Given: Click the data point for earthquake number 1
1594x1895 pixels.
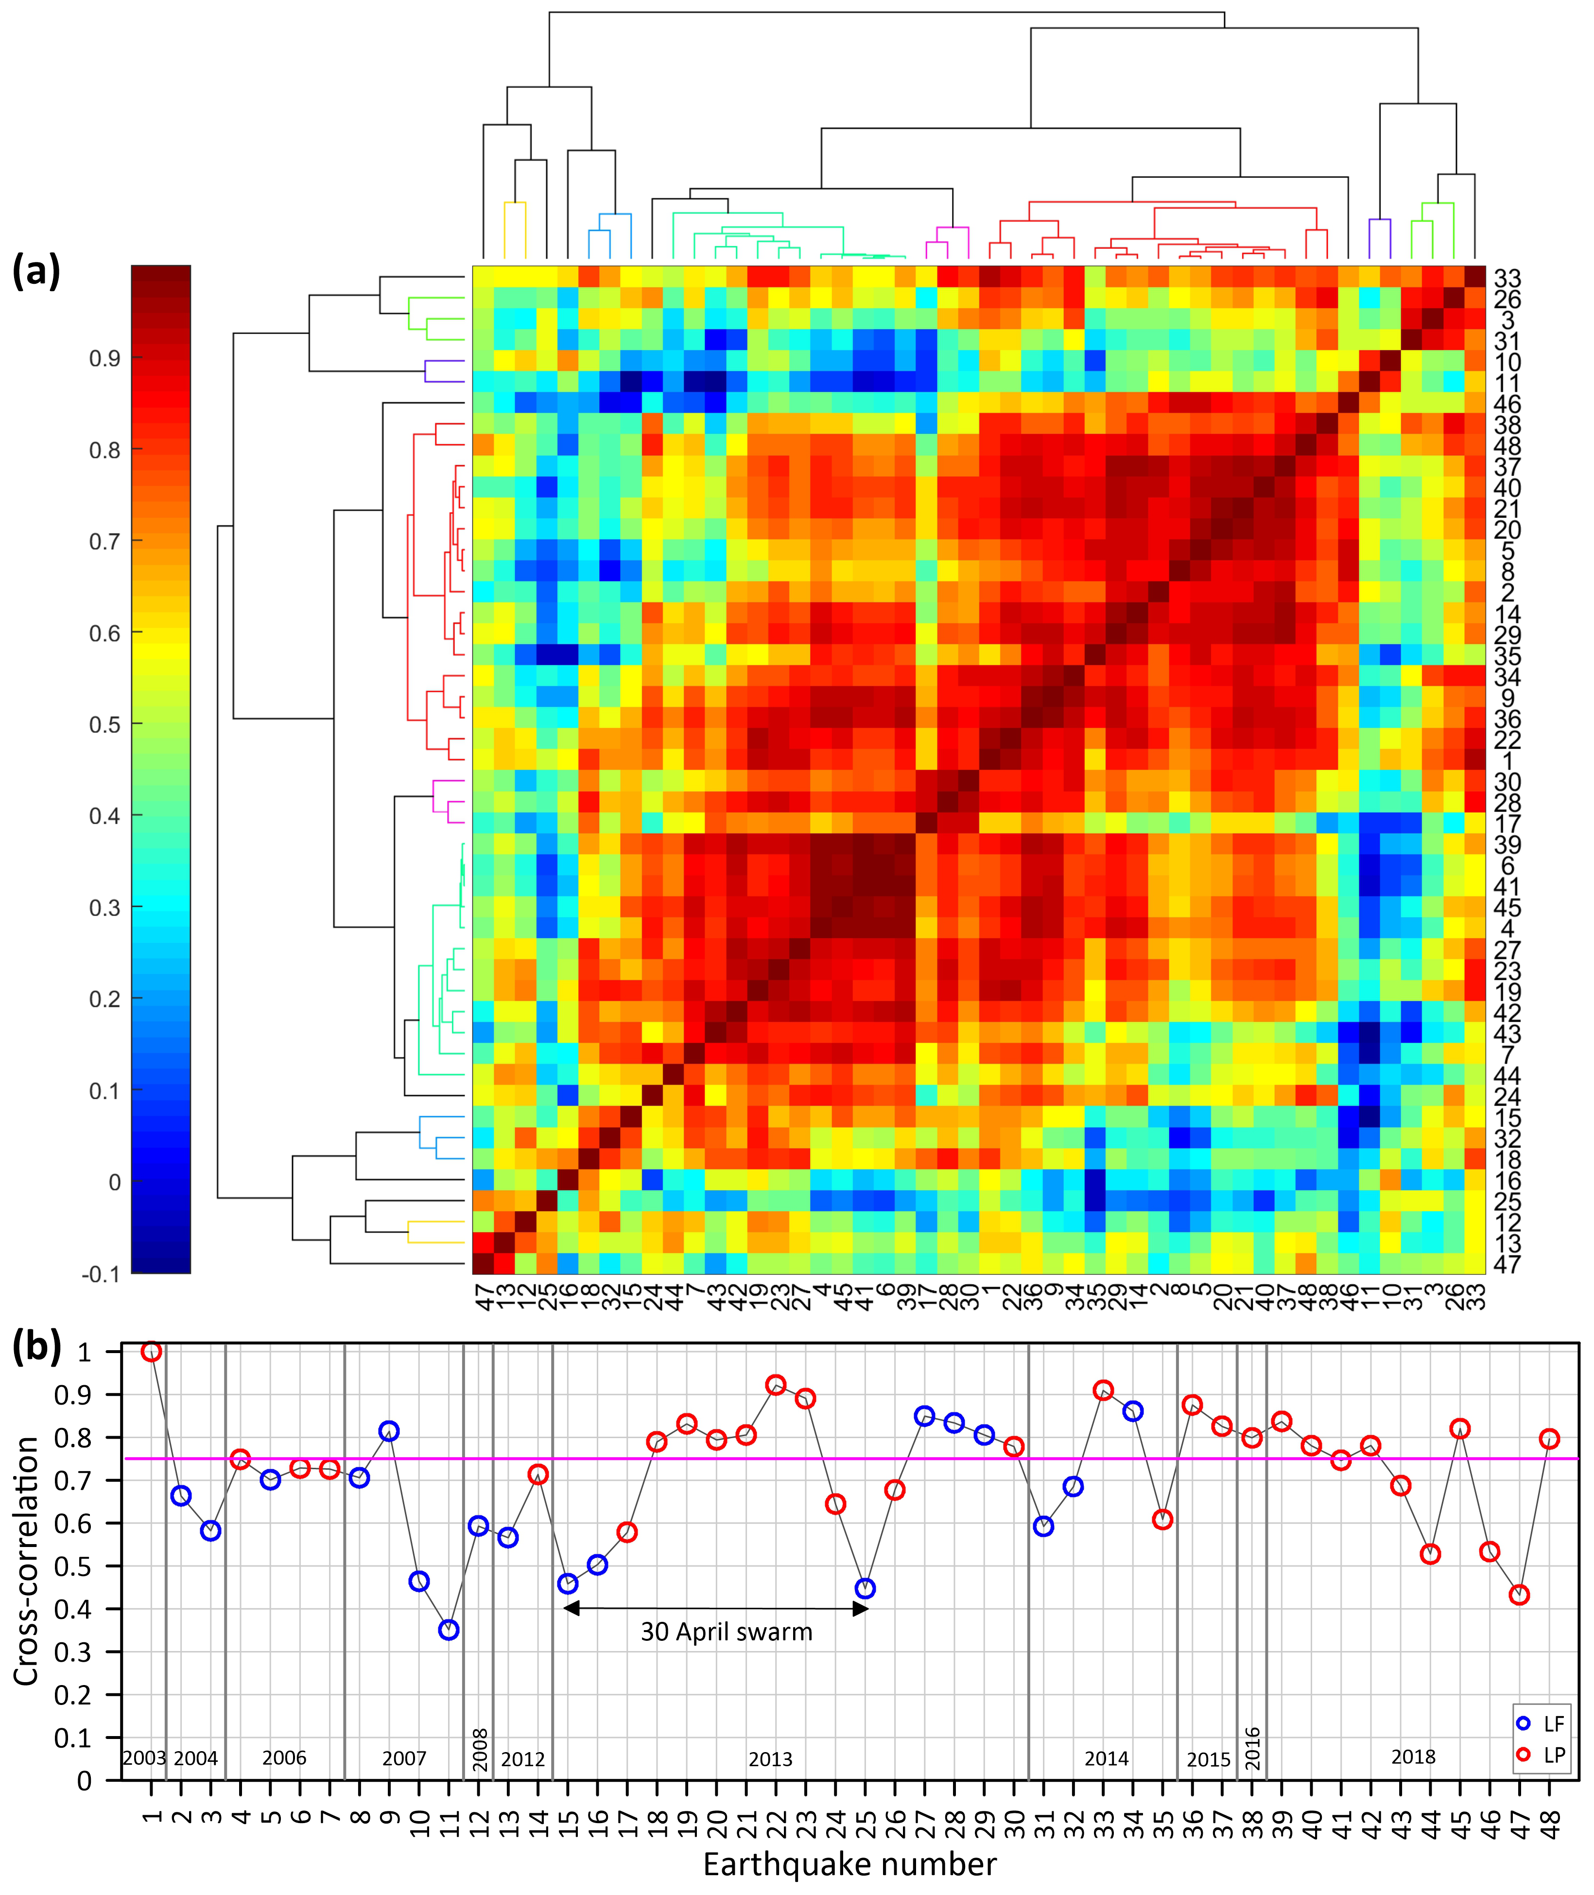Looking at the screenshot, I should tap(151, 1351).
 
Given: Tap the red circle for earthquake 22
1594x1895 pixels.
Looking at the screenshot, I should tap(775, 1385).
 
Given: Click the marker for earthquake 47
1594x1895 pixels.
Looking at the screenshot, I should tap(1519, 1595).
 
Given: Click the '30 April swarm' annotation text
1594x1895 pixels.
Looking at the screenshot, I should tap(727, 1632).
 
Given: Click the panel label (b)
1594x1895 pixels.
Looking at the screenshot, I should tap(36, 1347).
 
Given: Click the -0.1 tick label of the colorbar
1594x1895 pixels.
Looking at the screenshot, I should tap(100, 1274).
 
